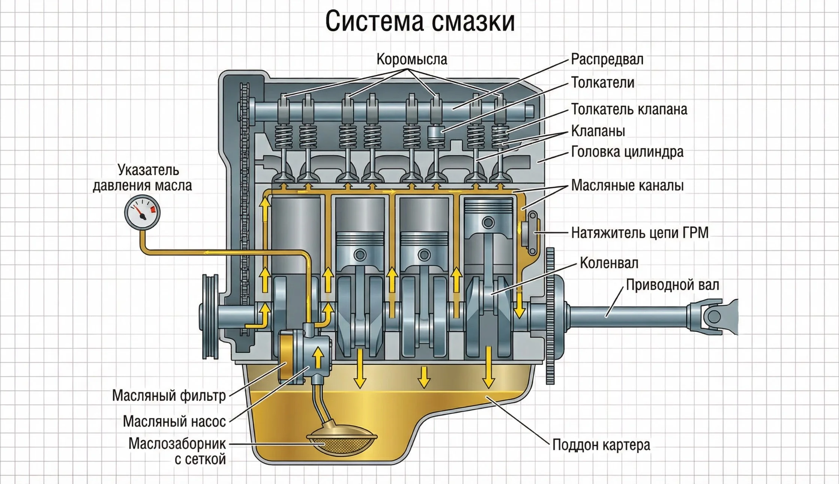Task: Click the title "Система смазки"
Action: pos(420,22)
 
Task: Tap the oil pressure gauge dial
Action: pos(142,213)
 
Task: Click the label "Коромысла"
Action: pos(412,60)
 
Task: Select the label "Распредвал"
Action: pos(607,59)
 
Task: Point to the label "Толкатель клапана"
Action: pos(629,109)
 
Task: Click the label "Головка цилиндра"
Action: pos(627,152)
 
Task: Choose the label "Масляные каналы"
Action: pos(627,185)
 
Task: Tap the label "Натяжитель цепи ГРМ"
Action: pos(640,233)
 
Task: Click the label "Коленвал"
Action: pos(609,263)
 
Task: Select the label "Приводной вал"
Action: pos(672,285)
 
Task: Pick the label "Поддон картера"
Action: pos(601,445)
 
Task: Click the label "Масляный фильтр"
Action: pos(169,395)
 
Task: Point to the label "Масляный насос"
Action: pos(174,422)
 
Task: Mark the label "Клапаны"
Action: pos(598,131)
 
